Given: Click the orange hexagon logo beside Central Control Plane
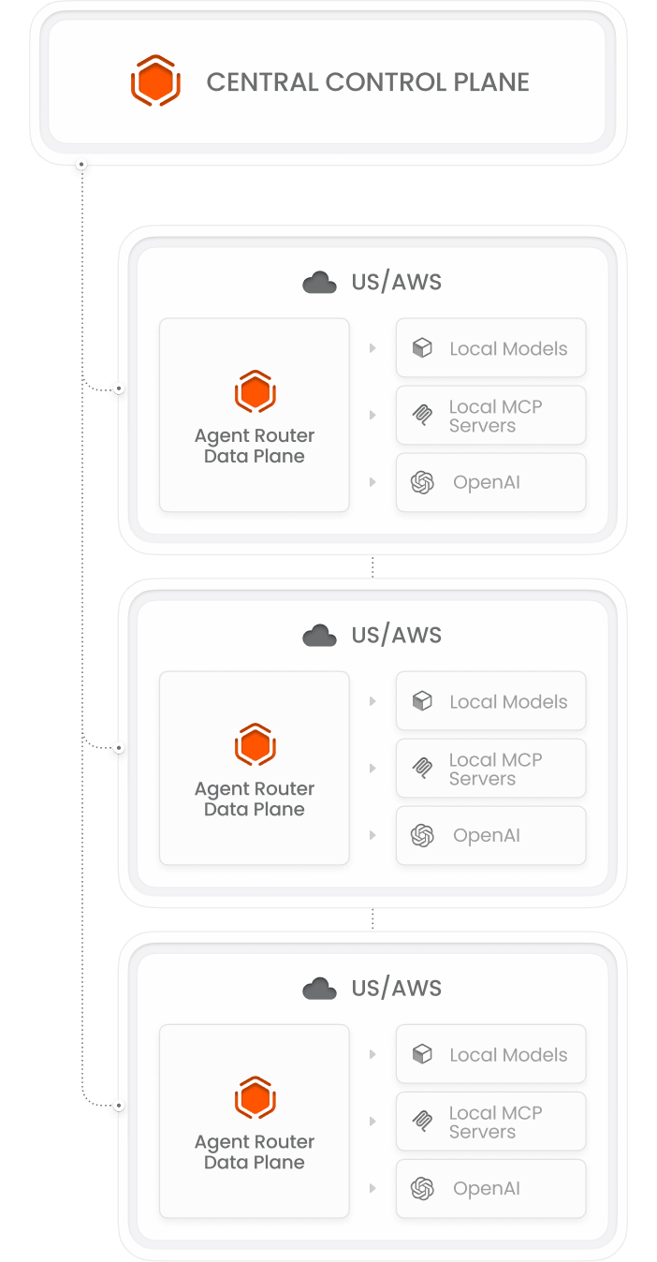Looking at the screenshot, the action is coord(155,81).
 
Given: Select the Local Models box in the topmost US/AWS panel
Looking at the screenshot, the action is coord(491,347).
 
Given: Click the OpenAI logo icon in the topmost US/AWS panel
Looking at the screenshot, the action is coord(422,482).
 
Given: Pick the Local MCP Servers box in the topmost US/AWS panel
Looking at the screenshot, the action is coord(491,416).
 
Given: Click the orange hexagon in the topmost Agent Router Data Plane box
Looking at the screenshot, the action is coord(255,391).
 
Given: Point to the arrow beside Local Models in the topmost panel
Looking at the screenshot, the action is coord(372,348).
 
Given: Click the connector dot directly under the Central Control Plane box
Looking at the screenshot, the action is coord(81,165).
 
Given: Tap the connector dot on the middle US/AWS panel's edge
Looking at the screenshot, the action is coord(119,748).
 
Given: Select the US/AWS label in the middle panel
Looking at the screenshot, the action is coord(396,635).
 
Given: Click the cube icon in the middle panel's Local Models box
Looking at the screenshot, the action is coord(422,701).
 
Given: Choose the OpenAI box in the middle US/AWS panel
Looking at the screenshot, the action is coord(491,835).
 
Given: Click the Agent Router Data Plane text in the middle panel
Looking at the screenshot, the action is coord(255,799).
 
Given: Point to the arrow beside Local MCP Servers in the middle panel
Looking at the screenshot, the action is coord(372,769).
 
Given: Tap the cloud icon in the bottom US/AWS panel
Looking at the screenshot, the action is coord(319,989).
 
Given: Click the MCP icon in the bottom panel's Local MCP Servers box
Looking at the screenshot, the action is coord(422,1122).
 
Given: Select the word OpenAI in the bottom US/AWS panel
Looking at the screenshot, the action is coord(487,1189).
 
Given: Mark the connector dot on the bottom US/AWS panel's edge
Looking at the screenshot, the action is coord(119,1106).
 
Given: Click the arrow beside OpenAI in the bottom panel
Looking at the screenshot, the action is coord(372,1188).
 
